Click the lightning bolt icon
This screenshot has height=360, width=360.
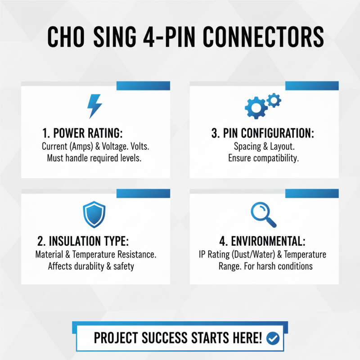(94, 106)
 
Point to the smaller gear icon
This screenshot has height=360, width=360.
(274, 100)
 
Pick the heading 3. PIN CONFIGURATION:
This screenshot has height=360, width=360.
(263, 133)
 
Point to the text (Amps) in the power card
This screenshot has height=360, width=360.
(83, 147)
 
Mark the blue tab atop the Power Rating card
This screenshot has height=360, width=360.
(143, 85)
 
